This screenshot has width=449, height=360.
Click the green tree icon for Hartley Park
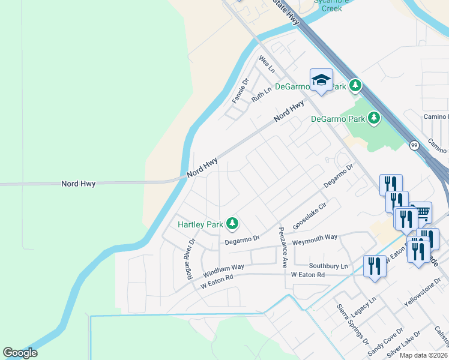tap(232, 224)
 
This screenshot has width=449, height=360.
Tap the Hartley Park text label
tap(200, 224)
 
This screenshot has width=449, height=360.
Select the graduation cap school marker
tap(321, 80)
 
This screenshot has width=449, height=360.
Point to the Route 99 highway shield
tap(414, 145)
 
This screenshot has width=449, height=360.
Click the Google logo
tap(20, 353)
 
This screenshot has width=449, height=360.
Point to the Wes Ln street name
tap(266, 62)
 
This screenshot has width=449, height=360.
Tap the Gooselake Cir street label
tap(309, 215)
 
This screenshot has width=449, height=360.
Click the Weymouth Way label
tap(315, 241)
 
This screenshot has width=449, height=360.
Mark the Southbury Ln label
tap(328, 266)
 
